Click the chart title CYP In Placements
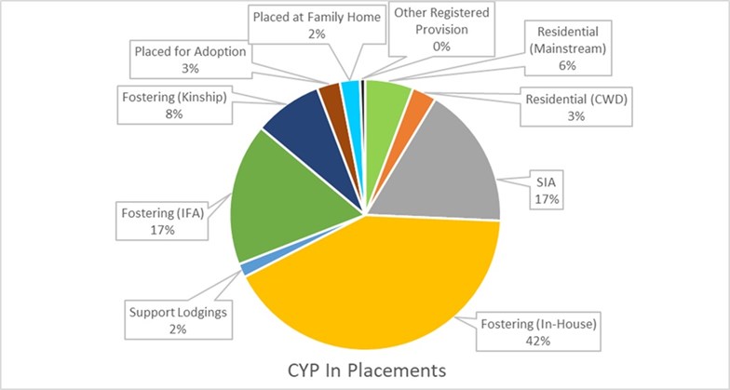click(x=367, y=370)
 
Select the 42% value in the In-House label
click(x=538, y=341)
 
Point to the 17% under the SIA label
click(x=547, y=199)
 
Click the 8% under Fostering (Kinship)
click(x=174, y=114)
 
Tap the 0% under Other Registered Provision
click(x=441, y=47)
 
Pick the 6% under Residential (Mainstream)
click(x=568, y=65)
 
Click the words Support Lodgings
click(x=179, y=313)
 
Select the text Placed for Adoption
click(x=190, y=51)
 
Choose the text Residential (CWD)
click(x=575, y=99)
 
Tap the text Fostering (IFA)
click(x=163, y=213)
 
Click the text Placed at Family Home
click(x=317, y=17)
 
